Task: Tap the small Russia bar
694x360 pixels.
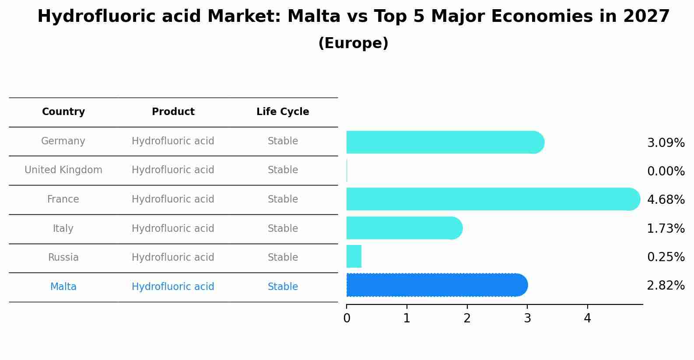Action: click(354, 256)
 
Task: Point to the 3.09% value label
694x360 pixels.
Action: click(666, 143)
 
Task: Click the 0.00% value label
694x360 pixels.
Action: click(666, 171)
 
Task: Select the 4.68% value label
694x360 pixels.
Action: click(666, 200)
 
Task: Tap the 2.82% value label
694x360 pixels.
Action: click(666, 286)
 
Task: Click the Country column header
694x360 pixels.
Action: click(63, 112)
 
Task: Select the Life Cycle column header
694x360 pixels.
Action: click(283, 112)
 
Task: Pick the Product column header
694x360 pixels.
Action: click(173, 112)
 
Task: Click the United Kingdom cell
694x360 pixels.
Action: click(63, 170)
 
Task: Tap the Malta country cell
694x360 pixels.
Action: click(63, 287)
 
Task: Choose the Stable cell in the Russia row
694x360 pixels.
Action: click(283, 258)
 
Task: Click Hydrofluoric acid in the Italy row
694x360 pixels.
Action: click(173, 229)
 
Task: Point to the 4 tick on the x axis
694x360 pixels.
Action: click(587, 318)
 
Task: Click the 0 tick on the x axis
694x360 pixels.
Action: click(347, 318)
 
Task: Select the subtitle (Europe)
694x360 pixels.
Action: click(353, 43)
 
